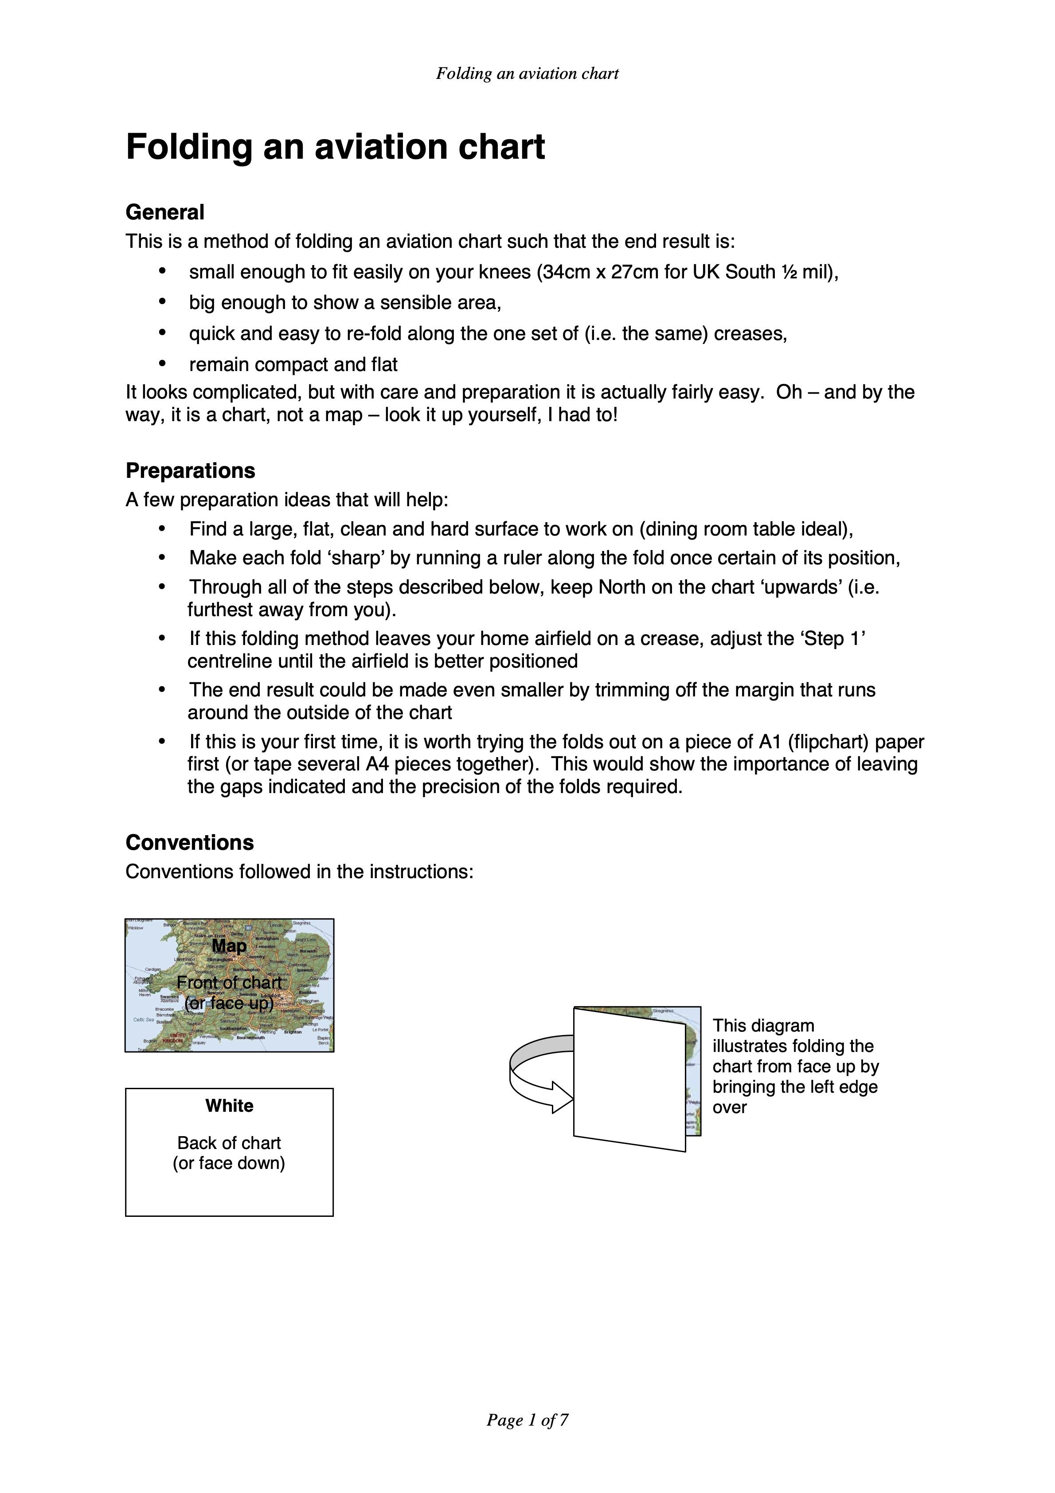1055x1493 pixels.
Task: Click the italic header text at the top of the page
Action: [x=527, y=74]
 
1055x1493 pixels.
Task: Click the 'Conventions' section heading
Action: [x=189, y=842]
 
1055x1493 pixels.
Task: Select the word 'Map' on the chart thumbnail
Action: [x=229, y=946]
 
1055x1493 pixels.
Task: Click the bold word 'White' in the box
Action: [x=229, y=1106]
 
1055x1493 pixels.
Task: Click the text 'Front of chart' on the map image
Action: [x=229, y=982]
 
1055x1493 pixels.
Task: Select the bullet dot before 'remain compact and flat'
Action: [x=163, y=363]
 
